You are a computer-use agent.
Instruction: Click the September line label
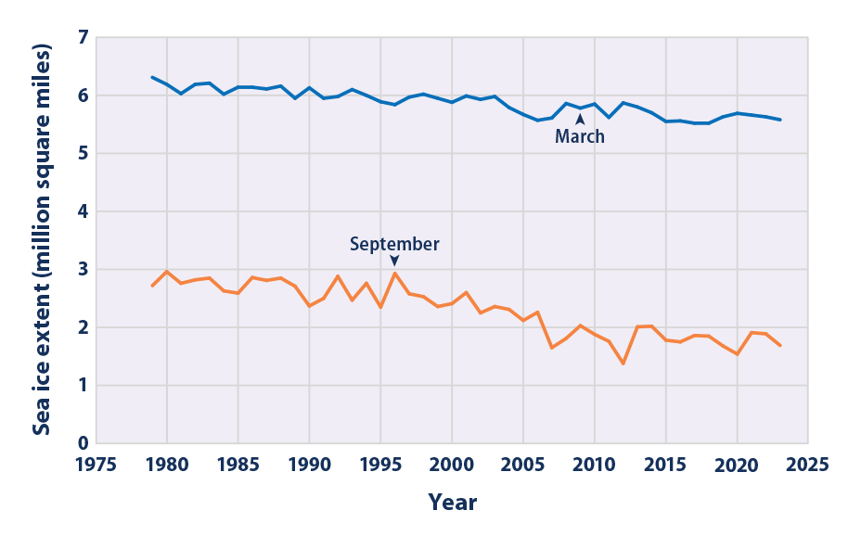(394, 244)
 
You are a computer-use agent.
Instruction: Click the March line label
(580, 136)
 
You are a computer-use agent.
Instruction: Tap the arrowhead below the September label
(394, 262)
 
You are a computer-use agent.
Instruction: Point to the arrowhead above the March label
(580, 119)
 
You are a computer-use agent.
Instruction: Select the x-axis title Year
(452, 503)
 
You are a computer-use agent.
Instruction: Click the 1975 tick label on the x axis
(96, 462)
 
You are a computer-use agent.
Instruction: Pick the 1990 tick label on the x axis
(309, 462)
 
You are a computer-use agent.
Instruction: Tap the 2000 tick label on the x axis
(452, 462)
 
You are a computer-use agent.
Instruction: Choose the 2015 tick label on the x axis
(665, 462)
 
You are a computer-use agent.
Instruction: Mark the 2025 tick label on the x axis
(807, 462)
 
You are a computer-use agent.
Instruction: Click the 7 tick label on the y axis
(83, 38)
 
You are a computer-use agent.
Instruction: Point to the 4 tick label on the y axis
(83, 211)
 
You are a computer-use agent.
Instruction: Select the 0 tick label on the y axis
(83, 443)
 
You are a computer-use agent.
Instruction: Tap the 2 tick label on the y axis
(83, 327)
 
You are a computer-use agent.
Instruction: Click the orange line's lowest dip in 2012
(623, 364)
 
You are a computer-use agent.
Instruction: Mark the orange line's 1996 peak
(395, 273)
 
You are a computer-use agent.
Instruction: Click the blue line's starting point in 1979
(153, 77)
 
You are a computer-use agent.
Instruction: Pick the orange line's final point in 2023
(779, 346)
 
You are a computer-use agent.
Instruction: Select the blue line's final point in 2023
(779, 120)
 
